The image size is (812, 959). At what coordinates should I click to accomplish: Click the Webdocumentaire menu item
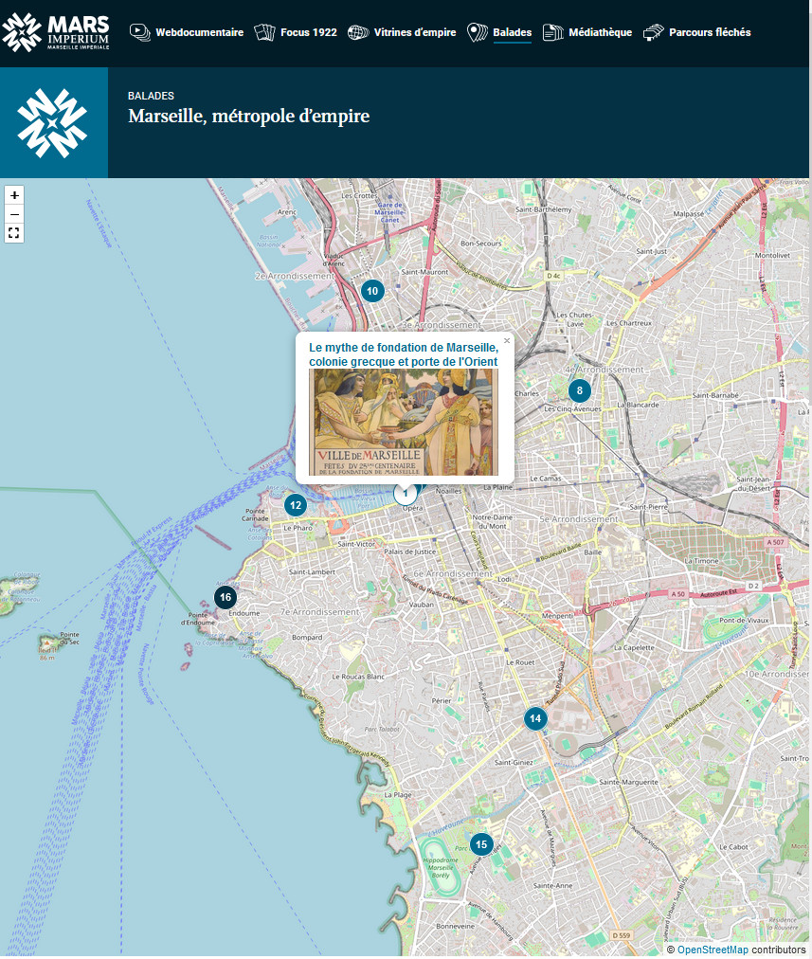click(x=187, y=32)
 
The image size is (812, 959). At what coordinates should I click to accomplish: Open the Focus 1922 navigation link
click(x=296, y=32)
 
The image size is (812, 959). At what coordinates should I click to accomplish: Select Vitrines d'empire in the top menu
click(x=402, y=32)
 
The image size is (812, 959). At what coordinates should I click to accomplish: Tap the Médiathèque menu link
click(x=587, y=32)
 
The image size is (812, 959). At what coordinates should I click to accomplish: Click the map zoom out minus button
click(x=14, y=213)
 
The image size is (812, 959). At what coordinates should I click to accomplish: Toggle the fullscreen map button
click(x=14, y=232)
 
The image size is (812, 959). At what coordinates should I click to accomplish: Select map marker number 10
click(x=372, y=291)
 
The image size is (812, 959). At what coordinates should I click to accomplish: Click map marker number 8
click(x=579, y=390)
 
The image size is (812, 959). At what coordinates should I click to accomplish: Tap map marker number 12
click(x=296, y=505)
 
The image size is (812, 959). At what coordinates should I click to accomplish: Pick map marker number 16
click(x=225, y=597)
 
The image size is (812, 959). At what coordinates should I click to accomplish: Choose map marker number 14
click(x=535, y=718)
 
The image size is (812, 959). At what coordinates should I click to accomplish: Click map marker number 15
click(x=481, y=844)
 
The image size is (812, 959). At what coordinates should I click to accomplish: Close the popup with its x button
click(x=506, y=341)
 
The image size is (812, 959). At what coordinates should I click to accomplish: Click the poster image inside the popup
click(x=404, y=422)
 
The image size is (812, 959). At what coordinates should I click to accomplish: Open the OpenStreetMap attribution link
click(x=712, y=950)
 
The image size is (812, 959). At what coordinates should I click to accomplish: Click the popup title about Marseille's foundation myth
click(x=404, y=354)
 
